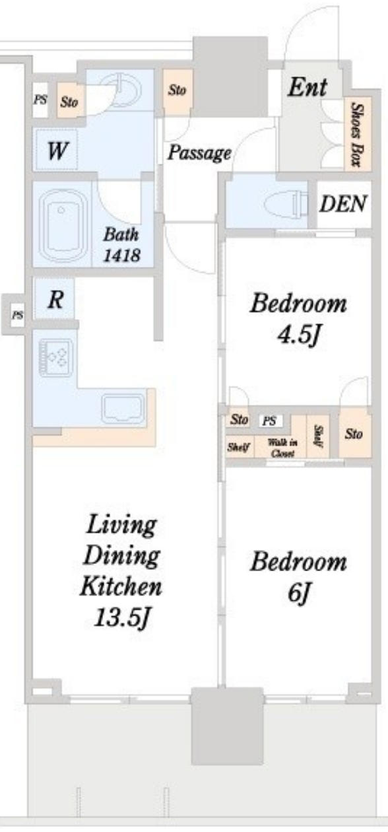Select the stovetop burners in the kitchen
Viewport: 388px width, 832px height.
coord(56,358)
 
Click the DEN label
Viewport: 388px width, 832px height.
coord(343,203)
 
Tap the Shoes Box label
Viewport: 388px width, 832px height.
coord(357,135)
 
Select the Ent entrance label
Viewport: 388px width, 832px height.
coord(307,87)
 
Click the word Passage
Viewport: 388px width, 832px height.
coord(199,153)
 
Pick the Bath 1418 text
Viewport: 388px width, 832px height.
coord(121,245)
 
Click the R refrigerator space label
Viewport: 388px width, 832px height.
coord(55,299)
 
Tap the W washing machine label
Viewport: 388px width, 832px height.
coord(58,151)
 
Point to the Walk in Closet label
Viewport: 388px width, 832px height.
coord(282,448)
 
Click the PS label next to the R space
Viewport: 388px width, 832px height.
coord(17,316)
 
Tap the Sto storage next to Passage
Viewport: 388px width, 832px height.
coord(177,90)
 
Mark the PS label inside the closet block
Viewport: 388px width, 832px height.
coord(270,421)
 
